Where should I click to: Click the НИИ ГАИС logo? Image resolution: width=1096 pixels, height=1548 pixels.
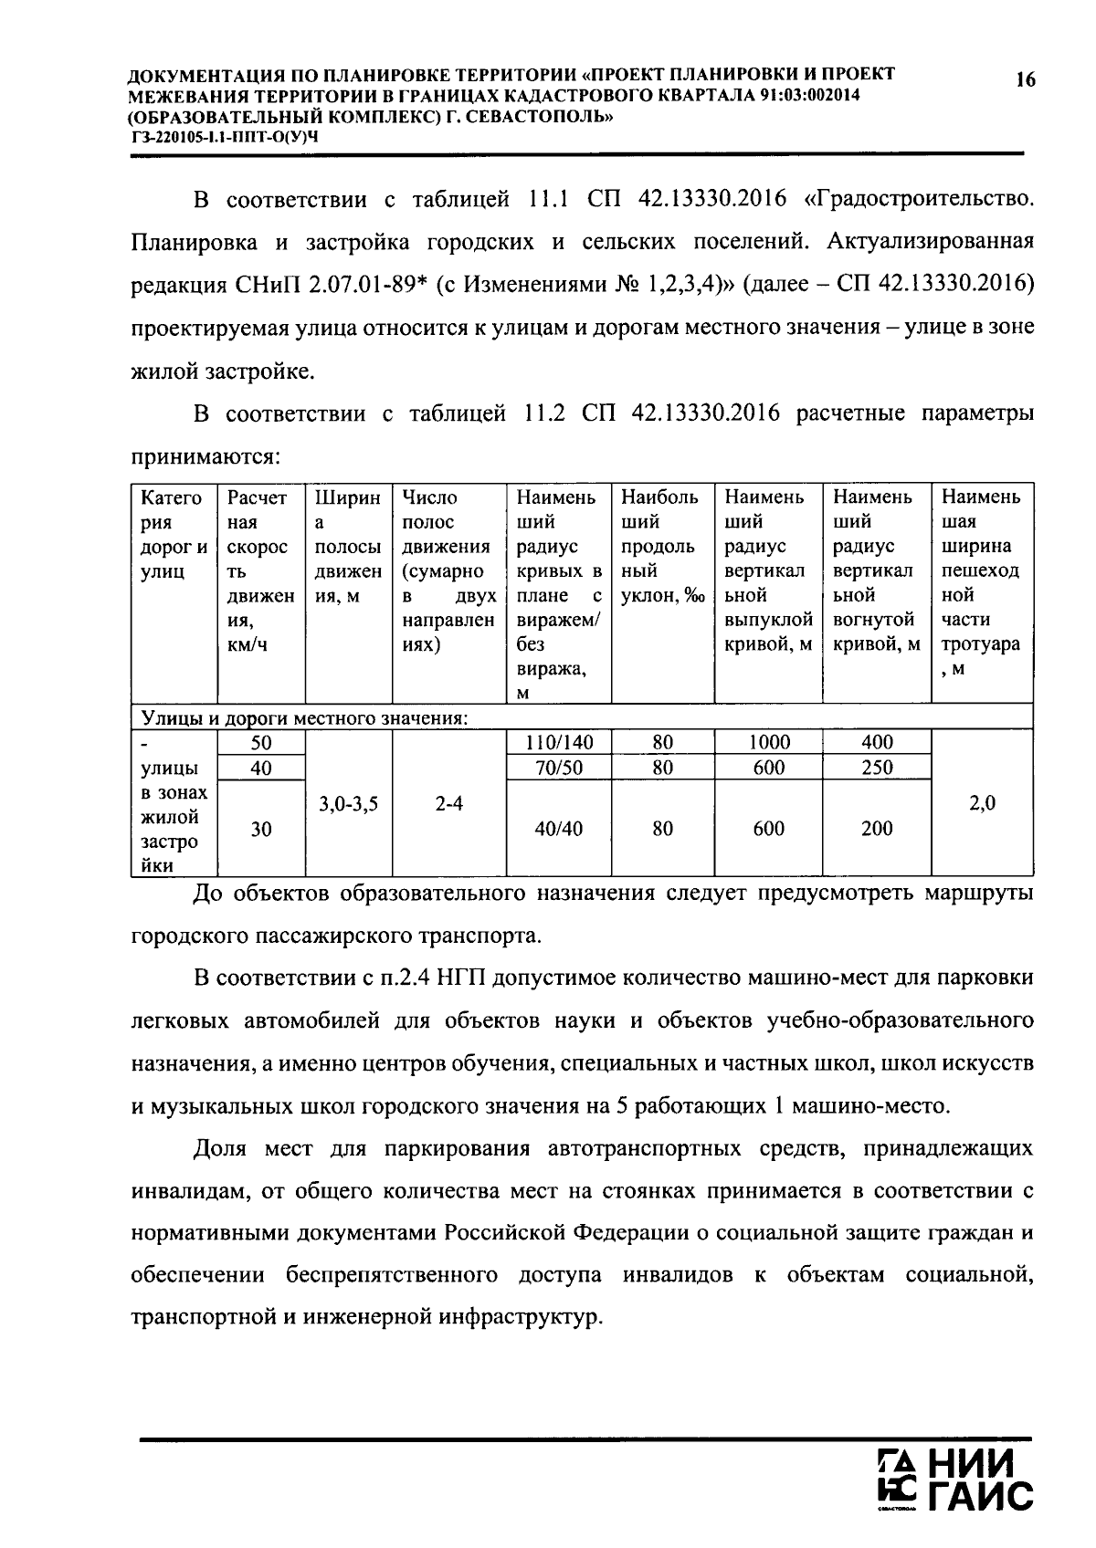click(954, 1480)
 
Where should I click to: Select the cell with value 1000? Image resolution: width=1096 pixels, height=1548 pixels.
click(768, 742)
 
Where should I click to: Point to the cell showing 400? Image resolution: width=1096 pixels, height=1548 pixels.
click(877, 742)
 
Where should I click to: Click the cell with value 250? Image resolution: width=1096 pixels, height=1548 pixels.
click(877, 768)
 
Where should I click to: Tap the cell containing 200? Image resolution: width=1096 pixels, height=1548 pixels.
click(877, 828)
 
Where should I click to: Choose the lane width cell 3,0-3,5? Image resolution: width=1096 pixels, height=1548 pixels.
click(348, 803)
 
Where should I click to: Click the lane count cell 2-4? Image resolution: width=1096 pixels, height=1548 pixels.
click(448, 803)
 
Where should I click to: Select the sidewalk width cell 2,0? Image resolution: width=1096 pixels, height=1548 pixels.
click(982, 803)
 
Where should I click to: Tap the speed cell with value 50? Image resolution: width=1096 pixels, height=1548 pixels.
click(261, 742)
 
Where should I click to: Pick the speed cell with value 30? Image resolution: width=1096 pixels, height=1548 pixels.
click(261, 828)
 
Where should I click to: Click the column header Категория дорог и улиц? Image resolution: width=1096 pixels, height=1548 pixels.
click(174, 535)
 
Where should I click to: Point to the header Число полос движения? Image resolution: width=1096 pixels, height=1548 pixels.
click(448, 570)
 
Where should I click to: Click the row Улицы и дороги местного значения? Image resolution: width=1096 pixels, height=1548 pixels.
click(301, 718)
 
